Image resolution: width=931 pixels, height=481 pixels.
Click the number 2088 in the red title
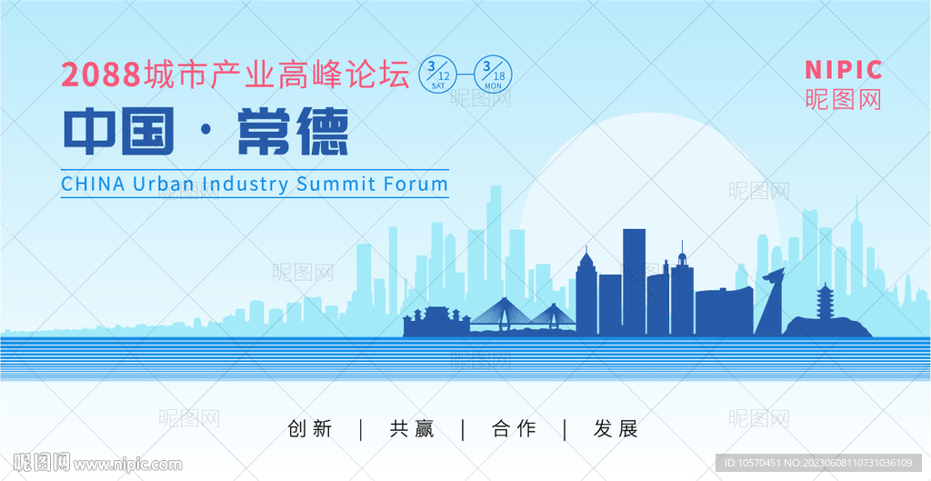click(101, 75)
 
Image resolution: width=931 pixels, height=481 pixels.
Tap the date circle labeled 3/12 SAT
click(438, 74)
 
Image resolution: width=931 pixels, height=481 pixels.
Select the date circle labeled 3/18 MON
click(493, 74)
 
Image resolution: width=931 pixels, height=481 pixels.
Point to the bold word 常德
click(293, 131)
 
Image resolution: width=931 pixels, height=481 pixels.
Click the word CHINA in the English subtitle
click(94, 184)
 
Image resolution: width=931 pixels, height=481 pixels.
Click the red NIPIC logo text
click(843, 70)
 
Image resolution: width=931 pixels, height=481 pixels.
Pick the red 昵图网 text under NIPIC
click(843, 99)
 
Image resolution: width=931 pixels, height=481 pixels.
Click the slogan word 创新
click(309, 429)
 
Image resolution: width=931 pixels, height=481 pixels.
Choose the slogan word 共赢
click(412, 429)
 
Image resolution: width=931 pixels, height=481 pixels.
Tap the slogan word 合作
click(514, 429)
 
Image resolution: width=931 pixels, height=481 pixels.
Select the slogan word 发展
click(616, 429)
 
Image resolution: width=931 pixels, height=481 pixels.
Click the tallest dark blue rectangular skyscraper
click(634, 282)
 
